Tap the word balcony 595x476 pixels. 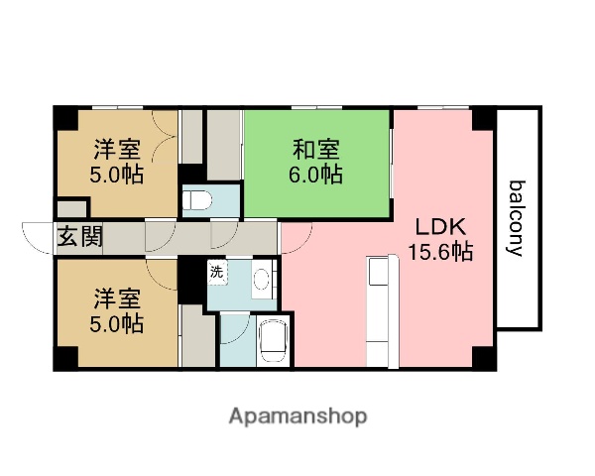click(x=517, y=218)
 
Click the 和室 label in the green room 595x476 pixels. click(x=316, y=151)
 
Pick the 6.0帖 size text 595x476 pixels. click(x=316, y=176)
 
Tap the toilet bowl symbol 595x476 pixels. click(x=199, y=199)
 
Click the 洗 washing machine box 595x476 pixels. click(x=216, y=270)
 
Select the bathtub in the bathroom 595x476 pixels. click(x=270, y=342)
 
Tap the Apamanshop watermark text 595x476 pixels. click(x=297, y=416)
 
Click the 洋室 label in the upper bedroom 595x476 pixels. click(x=116, y=151)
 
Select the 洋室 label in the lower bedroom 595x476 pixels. click(x=116, y=297)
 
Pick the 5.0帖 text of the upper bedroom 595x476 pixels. click(x=116, y=176)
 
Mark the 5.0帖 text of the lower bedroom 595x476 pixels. click(x=116, y=322)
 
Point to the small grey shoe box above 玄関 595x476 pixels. click(x=71, y=209)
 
